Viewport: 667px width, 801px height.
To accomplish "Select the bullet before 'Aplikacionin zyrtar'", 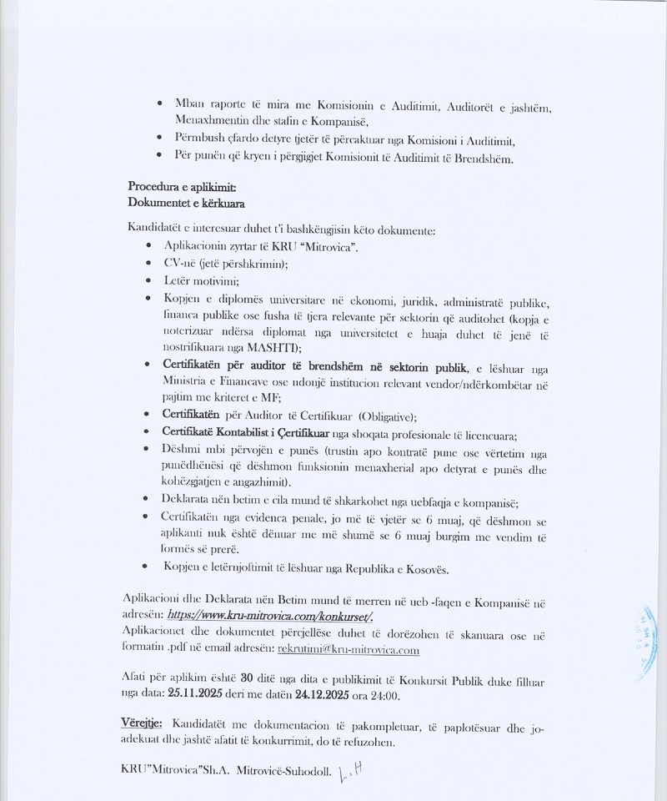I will (x=148, y=247).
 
